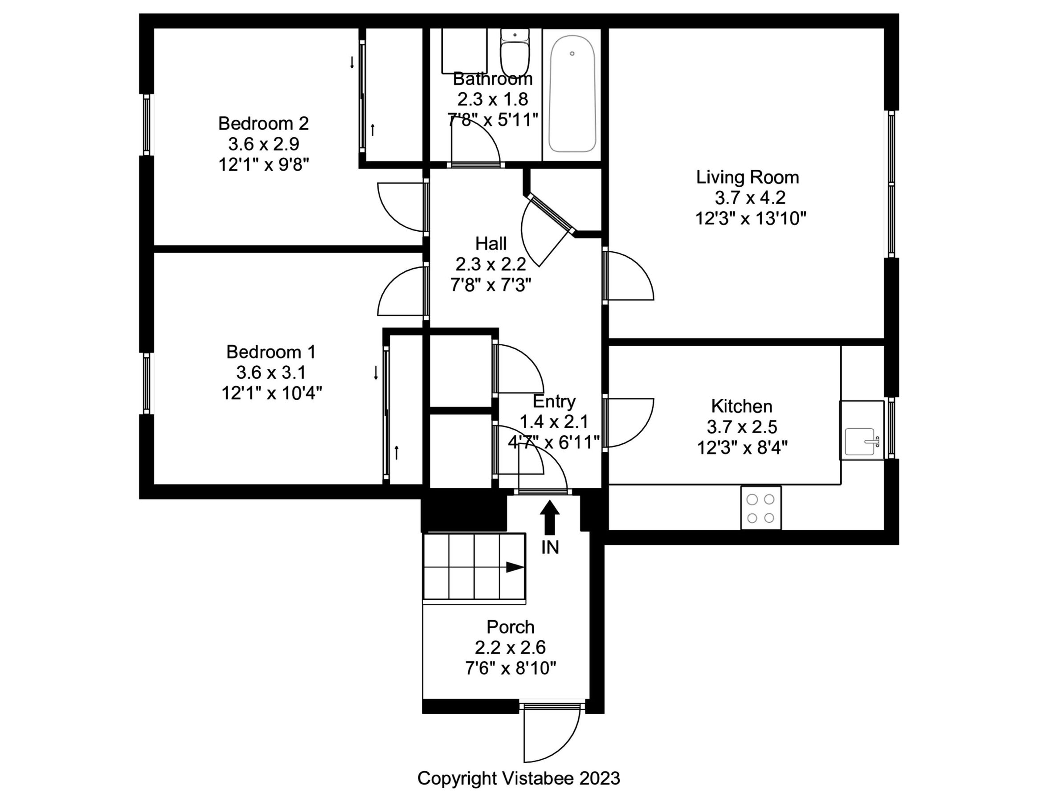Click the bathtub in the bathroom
(x=572, y=94)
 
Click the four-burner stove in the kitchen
(x=760, y=508)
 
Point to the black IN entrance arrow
(x=550, y=518)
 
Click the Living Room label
(x=747, y=177)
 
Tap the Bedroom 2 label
(x=263, y=123)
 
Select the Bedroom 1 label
(x=270, y=352)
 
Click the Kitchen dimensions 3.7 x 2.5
(x=741, y=427)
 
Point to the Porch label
(x=511, y=627)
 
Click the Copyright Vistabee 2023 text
(x=519, y=778)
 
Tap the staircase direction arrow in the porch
(x=514, y=567)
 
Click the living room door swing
(x=630, y=276)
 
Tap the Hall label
(x=490, y=244)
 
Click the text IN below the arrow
(x=550, y=548)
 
